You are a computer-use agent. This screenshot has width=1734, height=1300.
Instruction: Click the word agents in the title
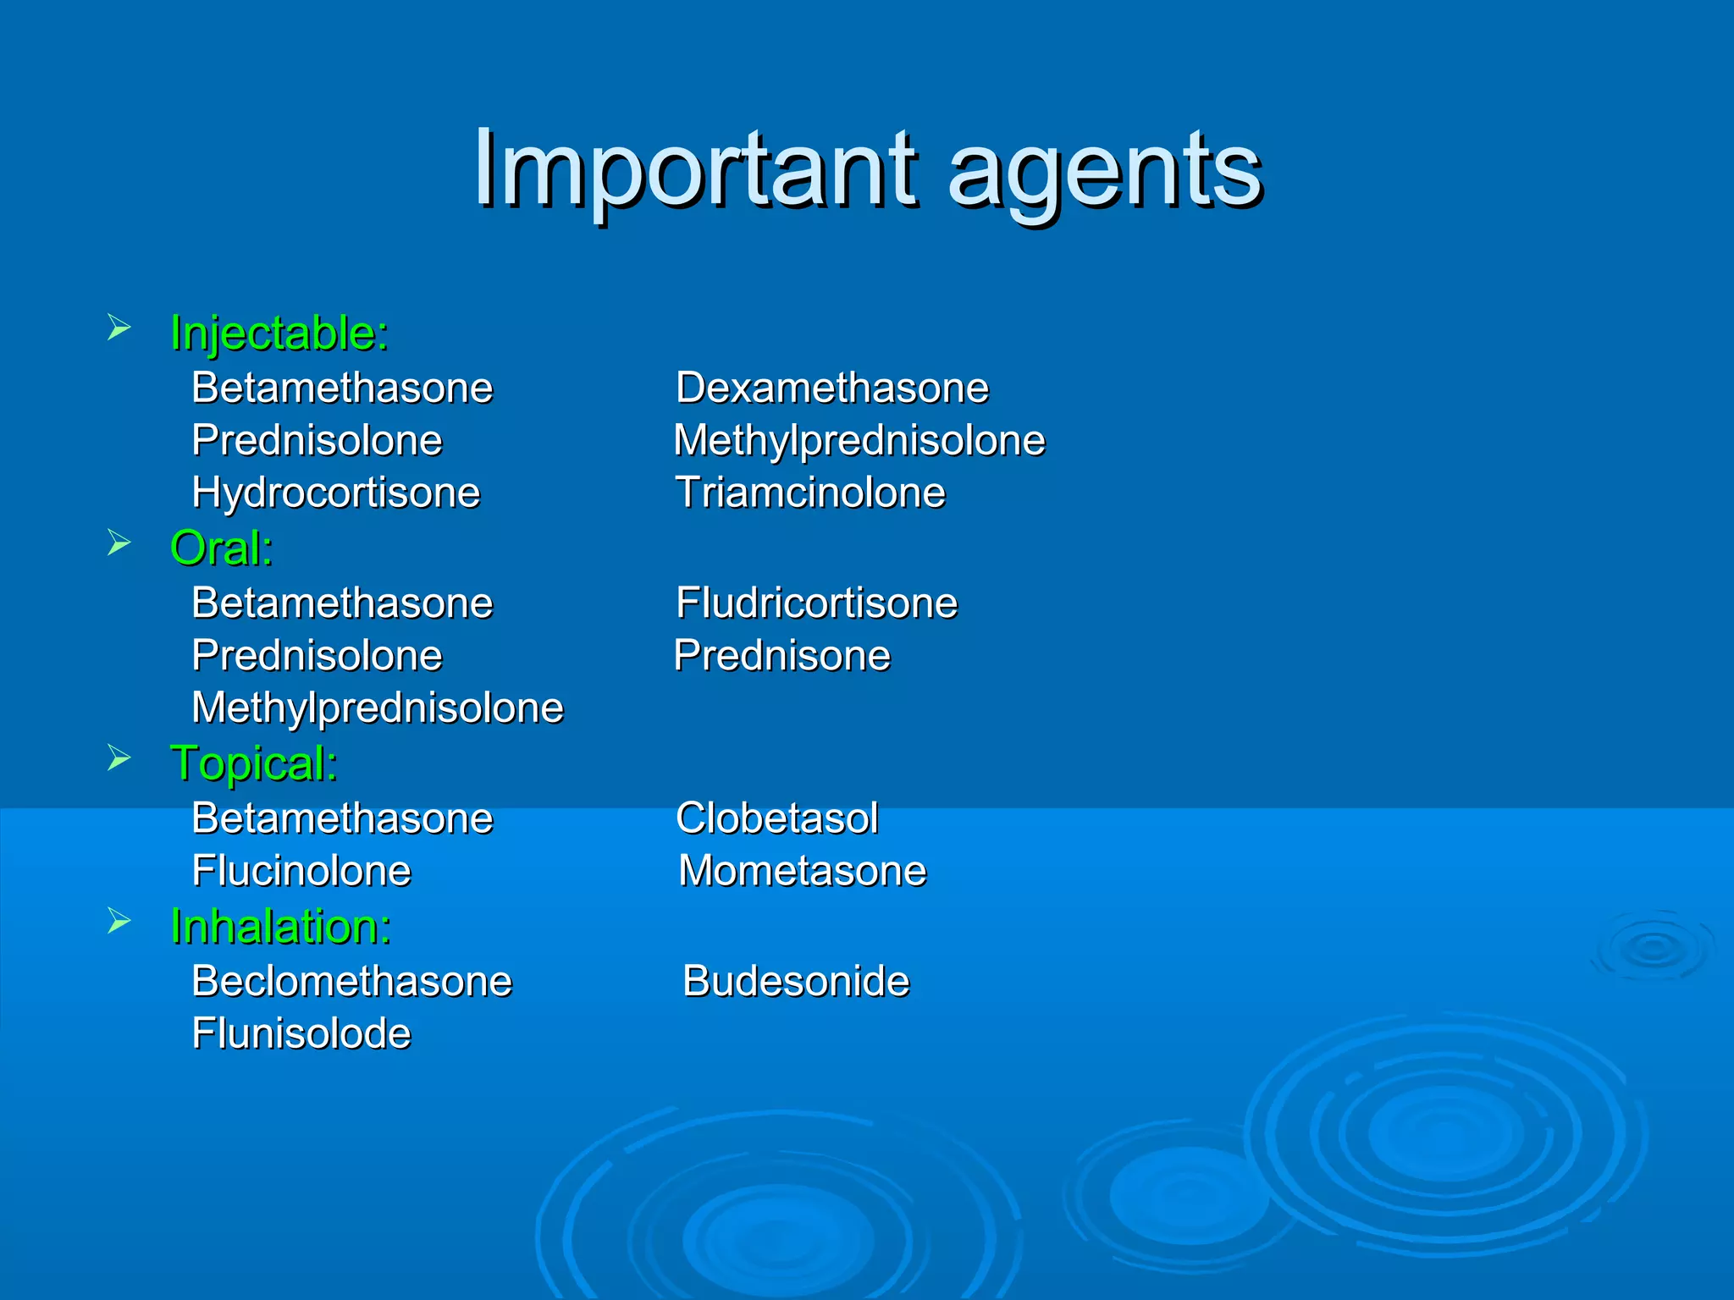(x=1105, y=174)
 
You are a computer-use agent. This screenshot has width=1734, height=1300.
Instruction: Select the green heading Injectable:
(x=279, y=333)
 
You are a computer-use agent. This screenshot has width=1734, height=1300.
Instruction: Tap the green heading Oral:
(x=222, y=548)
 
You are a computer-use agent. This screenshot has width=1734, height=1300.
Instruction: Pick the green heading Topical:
(x=254, y=763)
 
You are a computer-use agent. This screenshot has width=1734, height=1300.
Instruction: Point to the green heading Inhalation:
(x=281, y=926)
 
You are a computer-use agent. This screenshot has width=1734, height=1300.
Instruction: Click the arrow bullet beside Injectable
(x=119, y=328)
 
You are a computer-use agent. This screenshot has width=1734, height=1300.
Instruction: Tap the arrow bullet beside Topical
(x=119, y=758)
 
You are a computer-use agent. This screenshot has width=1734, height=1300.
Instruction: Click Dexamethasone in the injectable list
(x=832, y=388)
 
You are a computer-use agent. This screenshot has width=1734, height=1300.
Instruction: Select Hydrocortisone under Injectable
(x=336, y=493)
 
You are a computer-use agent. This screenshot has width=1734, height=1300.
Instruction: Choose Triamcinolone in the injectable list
(x=810, y=493)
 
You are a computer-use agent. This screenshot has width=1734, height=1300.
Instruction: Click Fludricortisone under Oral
(x=816, y=603)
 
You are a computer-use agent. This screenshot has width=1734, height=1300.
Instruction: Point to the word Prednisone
(x=782, y=656)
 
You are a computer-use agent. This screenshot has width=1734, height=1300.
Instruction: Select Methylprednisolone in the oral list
(x=378, y=708)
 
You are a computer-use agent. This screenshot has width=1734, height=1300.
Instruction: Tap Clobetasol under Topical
(x=776, y=818)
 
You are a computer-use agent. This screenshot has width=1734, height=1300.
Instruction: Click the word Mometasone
(x=803, y=871)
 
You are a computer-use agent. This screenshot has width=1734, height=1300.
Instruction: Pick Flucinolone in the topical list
(x=301, y=871)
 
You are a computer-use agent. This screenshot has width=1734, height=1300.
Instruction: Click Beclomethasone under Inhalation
(x=352, y=982)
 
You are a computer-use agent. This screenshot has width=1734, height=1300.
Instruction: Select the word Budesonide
(x=796, y=982)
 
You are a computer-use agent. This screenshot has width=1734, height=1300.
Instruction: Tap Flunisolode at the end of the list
(x=301, y=1033)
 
